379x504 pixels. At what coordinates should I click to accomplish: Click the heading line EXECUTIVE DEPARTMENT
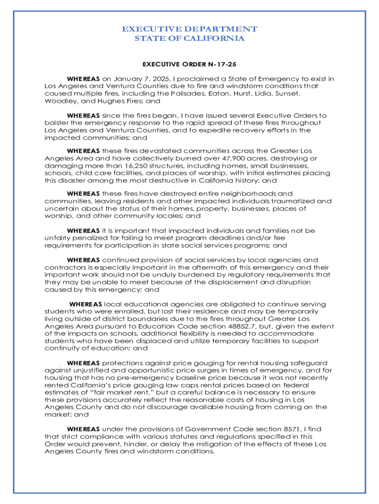click(x=189, y=29)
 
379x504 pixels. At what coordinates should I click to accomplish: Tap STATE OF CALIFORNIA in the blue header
click(x=189, y=39)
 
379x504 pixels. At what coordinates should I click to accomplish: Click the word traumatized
click(x=286, y=201)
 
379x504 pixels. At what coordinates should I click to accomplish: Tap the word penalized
click(x=86, y=238)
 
